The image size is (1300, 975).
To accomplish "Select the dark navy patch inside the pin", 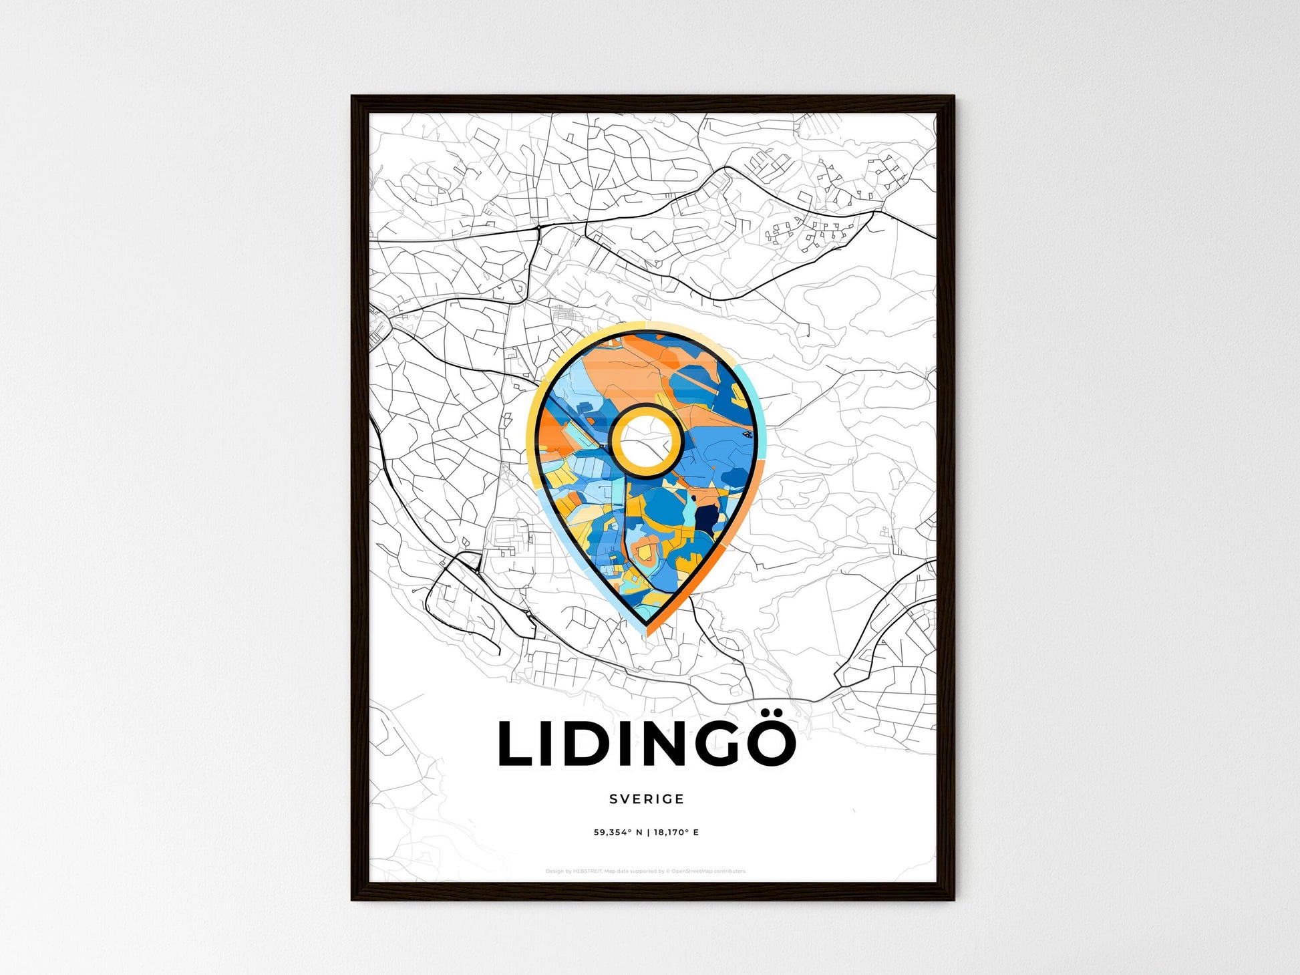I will point(705,518).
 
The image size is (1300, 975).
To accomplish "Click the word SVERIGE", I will point(647,799).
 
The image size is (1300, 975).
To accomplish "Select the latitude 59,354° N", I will point(618,832).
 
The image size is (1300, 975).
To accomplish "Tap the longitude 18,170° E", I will point(676,832).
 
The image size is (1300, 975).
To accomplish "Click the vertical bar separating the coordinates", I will point(647,832).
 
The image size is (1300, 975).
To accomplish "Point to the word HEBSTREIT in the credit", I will point(587,871).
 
